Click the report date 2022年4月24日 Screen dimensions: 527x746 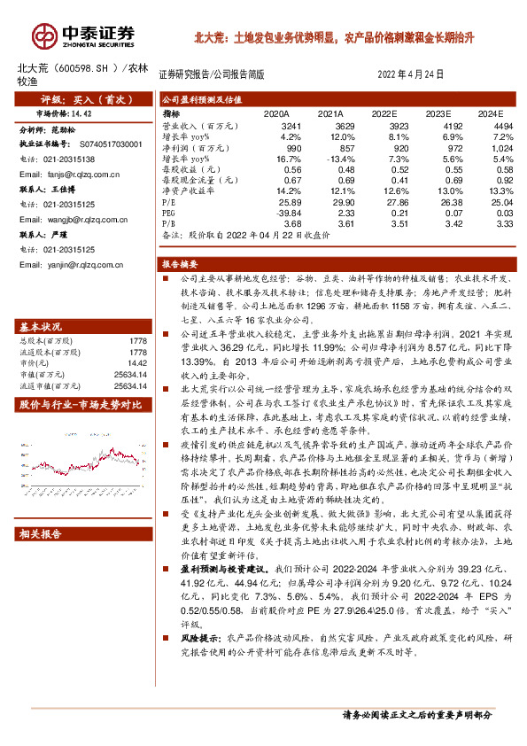[411, 75]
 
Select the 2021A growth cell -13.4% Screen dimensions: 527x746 [326, 159]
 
